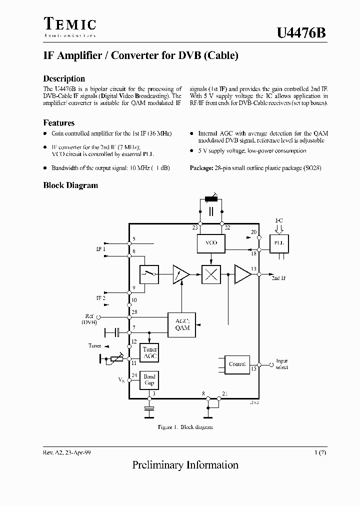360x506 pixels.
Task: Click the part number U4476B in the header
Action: coord(301,33)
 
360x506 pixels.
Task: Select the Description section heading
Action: coord(64,78)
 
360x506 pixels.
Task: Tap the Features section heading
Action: coord(59,122)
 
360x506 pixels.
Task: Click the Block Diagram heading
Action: coord(70,185)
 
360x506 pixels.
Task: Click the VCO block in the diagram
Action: coord(211,243)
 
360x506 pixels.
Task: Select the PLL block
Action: coord(278,243)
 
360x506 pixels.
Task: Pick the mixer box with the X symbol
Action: coord(211,274)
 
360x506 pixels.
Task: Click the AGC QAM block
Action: coord(182,325)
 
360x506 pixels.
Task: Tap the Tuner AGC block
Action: coord(149,353)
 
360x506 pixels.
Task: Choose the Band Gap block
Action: coord(149,380)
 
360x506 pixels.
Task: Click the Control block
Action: coord(236,364)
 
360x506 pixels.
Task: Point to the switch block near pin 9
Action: coord(149,274)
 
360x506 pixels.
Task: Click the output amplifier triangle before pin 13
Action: coord(243,274)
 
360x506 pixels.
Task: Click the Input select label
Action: coord(281,364)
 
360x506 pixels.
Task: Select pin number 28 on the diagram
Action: coord(134,312)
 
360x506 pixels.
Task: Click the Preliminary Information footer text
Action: coord(185,465)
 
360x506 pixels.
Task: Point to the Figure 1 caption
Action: coord(185,427)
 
